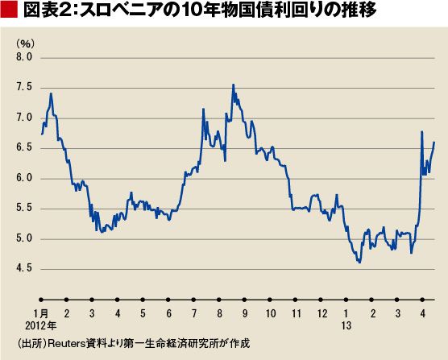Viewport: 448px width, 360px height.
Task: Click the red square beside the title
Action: point(9,10)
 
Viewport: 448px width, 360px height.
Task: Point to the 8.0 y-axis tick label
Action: point(24,57)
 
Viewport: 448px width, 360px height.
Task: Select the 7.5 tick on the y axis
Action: point(24,87)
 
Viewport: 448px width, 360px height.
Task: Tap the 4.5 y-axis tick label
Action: point(24,269)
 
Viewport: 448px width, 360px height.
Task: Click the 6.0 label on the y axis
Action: point(24,178)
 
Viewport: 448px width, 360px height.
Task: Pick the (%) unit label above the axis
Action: point(26,43)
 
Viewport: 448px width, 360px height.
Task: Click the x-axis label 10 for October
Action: point(271,314)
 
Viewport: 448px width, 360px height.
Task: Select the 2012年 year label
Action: point(41,325)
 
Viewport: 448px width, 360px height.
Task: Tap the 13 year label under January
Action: point(346,325)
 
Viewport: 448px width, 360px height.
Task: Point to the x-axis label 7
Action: point(194,314)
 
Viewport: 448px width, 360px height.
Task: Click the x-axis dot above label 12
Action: point(321,300)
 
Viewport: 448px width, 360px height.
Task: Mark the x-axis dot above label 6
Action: point(168,300)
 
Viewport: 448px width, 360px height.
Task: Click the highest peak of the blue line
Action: point(234,85)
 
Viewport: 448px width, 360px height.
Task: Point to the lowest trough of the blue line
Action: point(359,263)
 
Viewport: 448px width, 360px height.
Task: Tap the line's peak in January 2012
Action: point(51,93)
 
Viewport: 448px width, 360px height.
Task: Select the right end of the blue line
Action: point(434,143)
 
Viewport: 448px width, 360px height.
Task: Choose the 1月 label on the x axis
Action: point(41,314)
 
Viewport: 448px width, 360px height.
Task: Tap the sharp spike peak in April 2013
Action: point(421,131)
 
